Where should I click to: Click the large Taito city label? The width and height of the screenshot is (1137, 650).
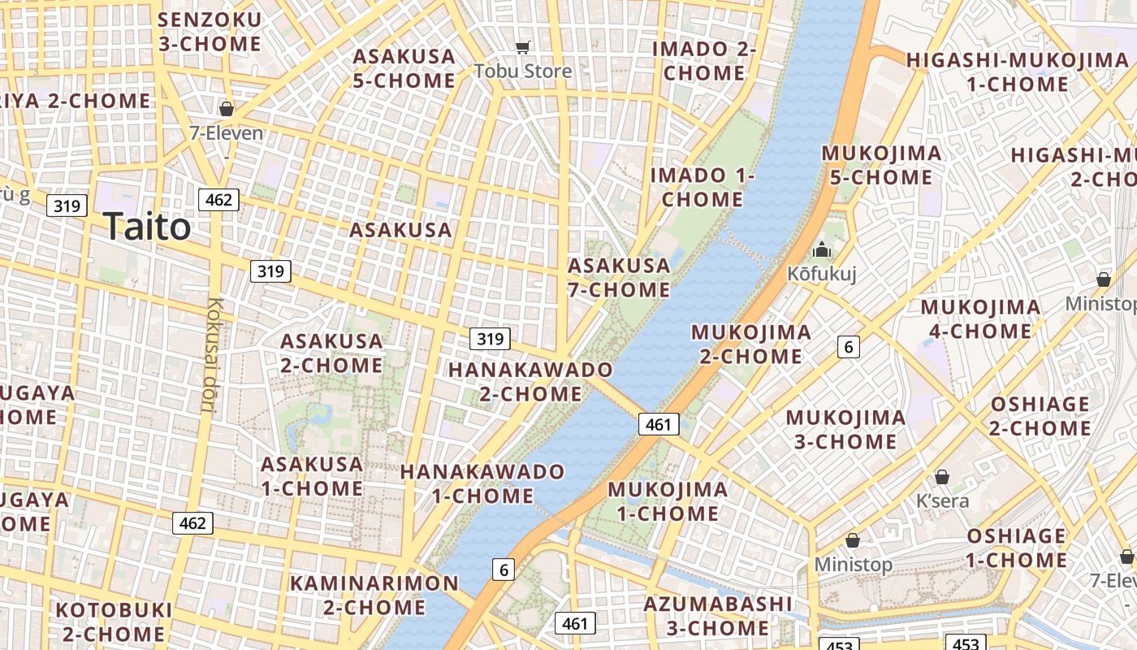click(147, 227)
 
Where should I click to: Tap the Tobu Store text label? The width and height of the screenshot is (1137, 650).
click(523, 71)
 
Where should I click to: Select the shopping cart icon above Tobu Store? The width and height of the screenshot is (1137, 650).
click(523, 48)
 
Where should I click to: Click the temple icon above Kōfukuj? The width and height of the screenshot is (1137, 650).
click(822, 250)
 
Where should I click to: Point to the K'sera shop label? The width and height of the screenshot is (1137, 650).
click(942, 500)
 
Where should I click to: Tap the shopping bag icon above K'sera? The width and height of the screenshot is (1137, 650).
click(942, 477)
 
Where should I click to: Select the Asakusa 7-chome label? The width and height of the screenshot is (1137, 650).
click(619, 278)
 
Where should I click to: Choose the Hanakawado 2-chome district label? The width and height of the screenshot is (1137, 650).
click(530, 382)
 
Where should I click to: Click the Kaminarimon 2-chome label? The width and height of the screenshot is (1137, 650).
click(374, 595)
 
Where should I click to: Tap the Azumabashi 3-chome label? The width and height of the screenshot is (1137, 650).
click(717, 616)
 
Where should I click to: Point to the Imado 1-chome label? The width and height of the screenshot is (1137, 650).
click(703, 187)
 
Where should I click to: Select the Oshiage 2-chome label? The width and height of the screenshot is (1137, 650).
click(1040, 416)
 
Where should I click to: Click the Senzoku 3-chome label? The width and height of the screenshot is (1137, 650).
click(210, 32)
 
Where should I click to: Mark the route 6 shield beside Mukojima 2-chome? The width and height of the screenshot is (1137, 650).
click(849, 347)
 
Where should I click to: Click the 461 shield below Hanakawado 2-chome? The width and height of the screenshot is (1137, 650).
click(658, 423)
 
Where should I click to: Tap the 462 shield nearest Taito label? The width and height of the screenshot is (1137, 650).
click(218, 200)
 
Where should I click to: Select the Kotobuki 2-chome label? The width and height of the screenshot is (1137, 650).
click(113, 621)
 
